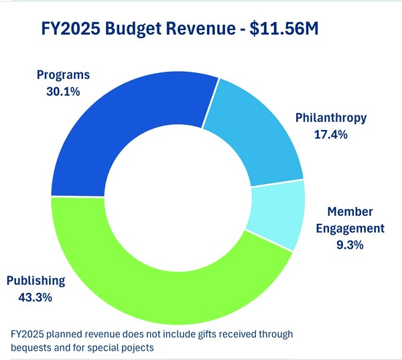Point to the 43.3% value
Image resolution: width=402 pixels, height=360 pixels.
[38, 296]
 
